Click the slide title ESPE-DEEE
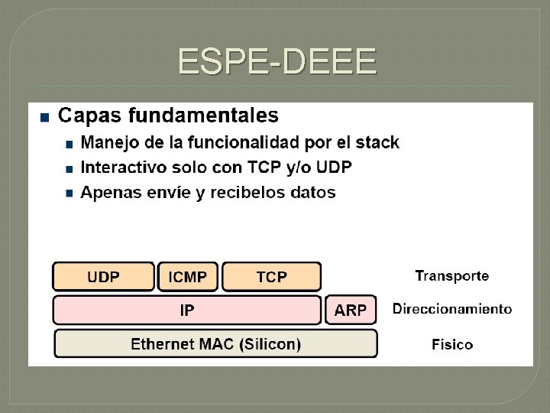tap(277, 61)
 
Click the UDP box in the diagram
tap(103, 277)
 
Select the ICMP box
tap(187, 277)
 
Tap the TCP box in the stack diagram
tap(271, 277)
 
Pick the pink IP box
tap(186, 311)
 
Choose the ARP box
tap(351, 311)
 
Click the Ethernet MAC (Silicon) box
tap(215, 343)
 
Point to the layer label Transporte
tap(451, 275)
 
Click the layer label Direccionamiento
tap(452, 309)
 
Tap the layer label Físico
tap(452, 344)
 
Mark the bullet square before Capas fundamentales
tap(44, 117)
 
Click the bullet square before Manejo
tap(70, 144)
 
